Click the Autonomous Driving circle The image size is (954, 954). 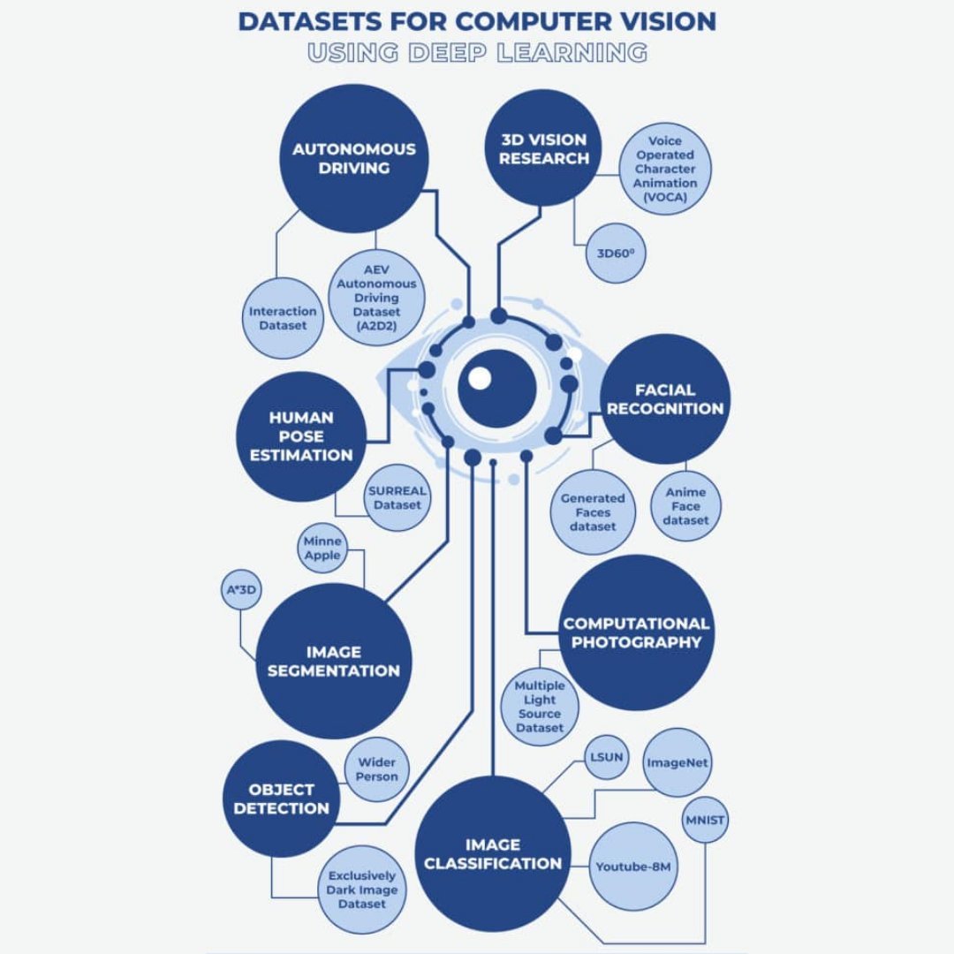click(353, 159)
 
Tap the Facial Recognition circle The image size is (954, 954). click(665, 398)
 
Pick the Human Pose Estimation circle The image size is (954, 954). click(301, 436)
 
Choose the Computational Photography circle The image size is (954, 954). click(636, 632)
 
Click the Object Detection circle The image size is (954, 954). click(282, 799)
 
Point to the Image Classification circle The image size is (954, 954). click(492, 854)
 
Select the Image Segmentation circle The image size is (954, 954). click(334, 661)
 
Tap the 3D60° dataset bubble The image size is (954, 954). click(616, 253)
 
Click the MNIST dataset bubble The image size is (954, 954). click(705, 821)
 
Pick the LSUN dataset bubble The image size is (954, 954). click(606, 757)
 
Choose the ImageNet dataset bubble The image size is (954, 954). click(678, 762)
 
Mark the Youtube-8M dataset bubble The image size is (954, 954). click(633, 867)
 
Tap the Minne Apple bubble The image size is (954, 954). click(322, 549)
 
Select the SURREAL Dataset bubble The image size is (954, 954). click(397, 498)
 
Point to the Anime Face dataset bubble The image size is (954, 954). click(686, 506)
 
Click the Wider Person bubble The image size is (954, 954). click(377, 769)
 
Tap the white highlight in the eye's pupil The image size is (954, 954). click(479, 378)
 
